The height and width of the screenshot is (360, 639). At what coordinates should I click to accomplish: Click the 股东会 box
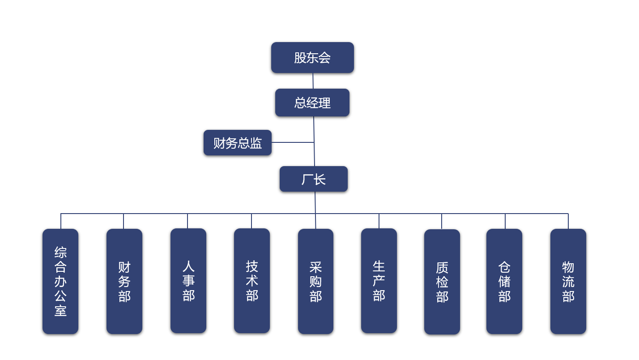click(312, 57)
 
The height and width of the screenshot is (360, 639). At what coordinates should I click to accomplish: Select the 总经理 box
click(312, 103)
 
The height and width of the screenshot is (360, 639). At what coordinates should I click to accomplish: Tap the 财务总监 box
click(238, 143)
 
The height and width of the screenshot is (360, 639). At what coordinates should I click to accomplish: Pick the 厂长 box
click(314, 179)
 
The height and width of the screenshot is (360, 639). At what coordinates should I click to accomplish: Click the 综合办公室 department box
click(60, 281)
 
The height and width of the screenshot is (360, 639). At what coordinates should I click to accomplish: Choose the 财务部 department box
click(124, 281)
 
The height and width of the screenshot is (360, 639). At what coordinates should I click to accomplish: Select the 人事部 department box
click(188, 281)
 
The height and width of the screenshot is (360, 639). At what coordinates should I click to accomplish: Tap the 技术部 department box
click(252, 281)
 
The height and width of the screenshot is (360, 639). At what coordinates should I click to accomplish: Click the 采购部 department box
click(315, 281)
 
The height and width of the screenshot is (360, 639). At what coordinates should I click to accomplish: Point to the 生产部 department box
click(379, 281)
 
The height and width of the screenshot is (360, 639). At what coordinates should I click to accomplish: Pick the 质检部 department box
click(442, 282)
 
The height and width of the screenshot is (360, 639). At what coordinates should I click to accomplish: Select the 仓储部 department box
click(504, 281)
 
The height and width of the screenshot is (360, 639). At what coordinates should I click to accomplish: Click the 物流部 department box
click(568, 281)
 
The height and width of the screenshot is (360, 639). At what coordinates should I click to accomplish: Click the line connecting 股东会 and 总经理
click(313, 81)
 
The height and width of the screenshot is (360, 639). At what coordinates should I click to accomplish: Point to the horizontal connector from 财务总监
click(293, 142)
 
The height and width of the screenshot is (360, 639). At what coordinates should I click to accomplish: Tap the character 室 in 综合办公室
click(60, 310)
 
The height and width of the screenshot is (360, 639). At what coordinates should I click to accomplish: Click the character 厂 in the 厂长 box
click(307, 179)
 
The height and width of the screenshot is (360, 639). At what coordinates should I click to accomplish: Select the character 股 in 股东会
click(300, 57)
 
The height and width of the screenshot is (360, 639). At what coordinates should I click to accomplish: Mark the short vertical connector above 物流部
click(568, 221)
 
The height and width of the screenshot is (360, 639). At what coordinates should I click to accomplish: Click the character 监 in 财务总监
click(256, 143)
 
